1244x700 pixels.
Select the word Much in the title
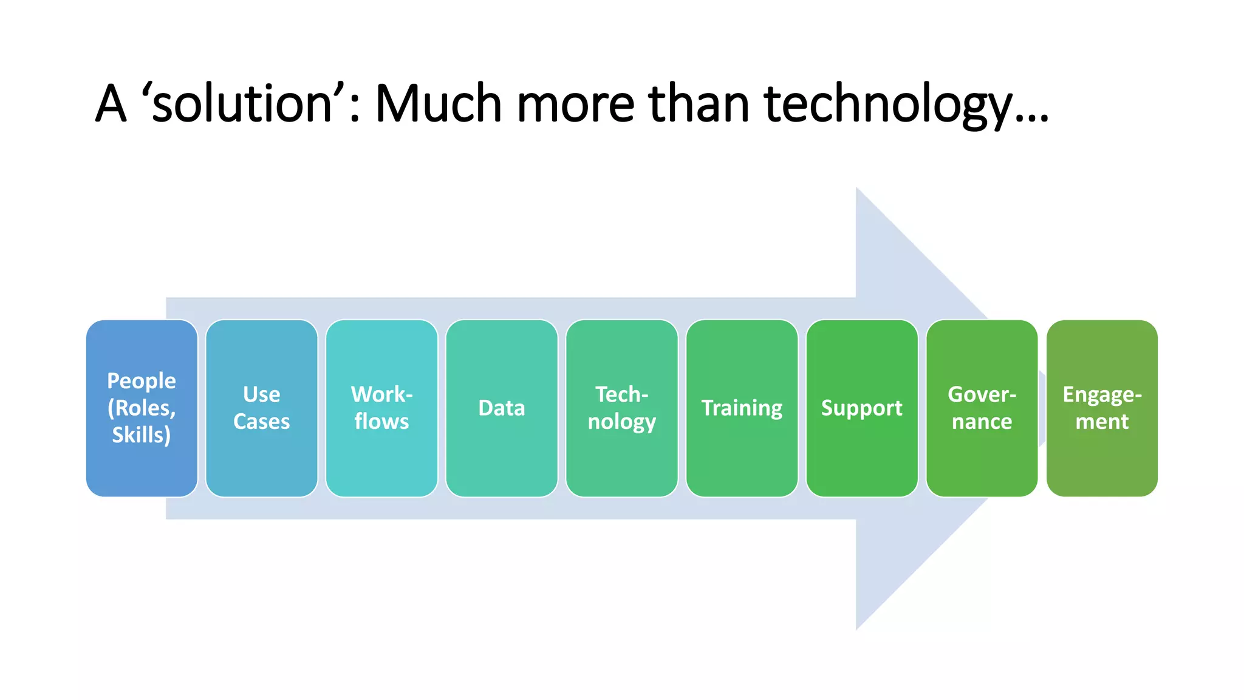pos(439,103)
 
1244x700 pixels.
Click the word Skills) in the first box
pos(141,435)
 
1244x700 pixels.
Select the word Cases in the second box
pos(261,422)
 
